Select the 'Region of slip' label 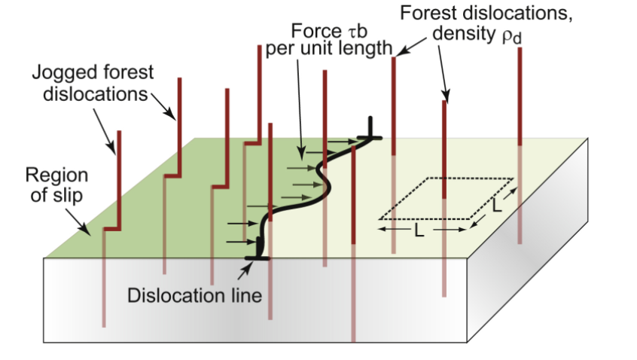coord(56,185)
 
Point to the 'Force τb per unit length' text coord(330,41)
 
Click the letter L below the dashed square coord(419,231)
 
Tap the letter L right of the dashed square coord(497,203)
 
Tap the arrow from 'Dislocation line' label coord(250,264)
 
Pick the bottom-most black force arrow coord(241,242)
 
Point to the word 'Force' coord(311,32)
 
